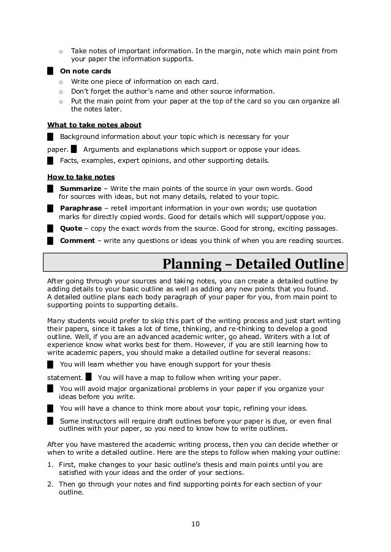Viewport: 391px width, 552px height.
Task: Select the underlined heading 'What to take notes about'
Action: (x=94, y=125)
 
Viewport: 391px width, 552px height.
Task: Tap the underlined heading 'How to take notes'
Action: (x=81, y=177)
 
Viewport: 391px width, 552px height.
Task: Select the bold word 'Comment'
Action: (x=77, y=241)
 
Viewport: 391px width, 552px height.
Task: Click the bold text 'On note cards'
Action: (x=85, y=71)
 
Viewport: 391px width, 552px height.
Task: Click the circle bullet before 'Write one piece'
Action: (x=61, y=81)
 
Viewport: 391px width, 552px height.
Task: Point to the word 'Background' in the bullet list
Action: (x=79, y=136)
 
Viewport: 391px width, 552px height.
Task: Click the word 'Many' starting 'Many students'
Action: (x=56, y=321)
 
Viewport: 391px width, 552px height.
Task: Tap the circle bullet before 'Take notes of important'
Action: (x=61, y=51)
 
